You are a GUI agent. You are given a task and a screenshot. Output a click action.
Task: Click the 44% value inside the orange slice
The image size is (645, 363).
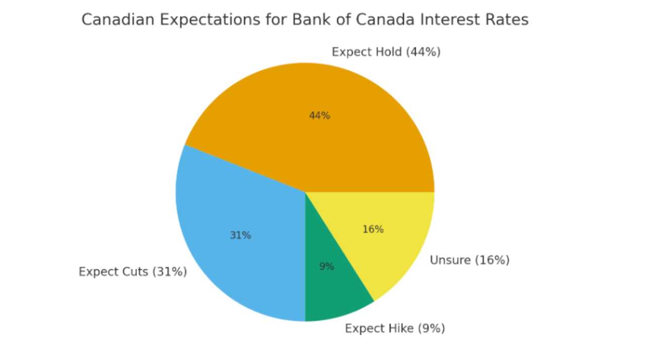pyautogui.click(x=319, y=116)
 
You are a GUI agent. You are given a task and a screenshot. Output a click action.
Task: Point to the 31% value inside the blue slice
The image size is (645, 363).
pyautogui.click(x=240, y=235)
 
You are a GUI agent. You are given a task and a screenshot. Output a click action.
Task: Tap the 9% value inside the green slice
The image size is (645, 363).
pyautogui.click(x=327, y=267)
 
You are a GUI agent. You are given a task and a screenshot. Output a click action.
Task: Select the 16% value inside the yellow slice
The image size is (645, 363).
pyautogui.click(x=373, y=229)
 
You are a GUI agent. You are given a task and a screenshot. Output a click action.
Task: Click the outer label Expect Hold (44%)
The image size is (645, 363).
pyautogui.click(x=386, y=52)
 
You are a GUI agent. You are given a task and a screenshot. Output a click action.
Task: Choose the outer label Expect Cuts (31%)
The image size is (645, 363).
pyautogui.click(x=133, y=272)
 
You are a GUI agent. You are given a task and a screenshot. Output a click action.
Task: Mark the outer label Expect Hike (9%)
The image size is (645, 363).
pyautogui.click(x=395, y=329)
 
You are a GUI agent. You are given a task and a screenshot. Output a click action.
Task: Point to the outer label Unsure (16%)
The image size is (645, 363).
pyautogui.click(x=469, y=260)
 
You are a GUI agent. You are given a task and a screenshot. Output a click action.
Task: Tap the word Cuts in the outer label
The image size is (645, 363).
pyautogui.click(x=136, y=272)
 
